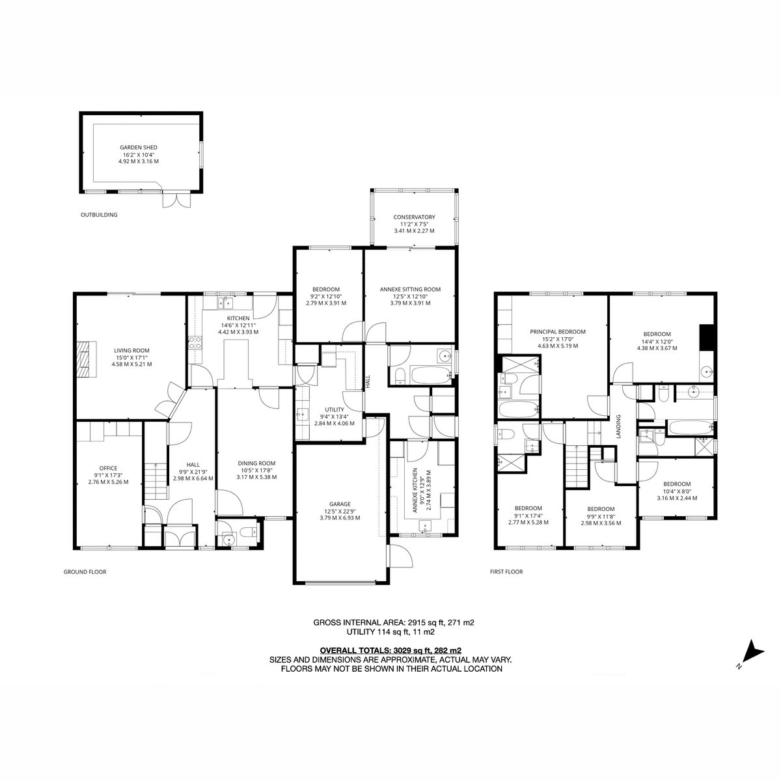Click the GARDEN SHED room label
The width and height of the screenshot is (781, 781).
click(138, 148)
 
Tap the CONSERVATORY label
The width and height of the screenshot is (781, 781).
click(414, 217)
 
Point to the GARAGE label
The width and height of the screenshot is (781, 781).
click(340, 504)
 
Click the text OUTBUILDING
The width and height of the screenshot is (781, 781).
click(99, 215)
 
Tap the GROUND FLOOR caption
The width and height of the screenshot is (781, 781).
click(85, 572)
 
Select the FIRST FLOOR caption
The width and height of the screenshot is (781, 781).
click(506, 572)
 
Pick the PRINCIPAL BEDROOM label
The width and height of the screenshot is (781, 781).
click(558, 331)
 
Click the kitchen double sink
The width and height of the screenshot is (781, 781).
click(225, 302)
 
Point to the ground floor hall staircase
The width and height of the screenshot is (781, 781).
click(156, 482)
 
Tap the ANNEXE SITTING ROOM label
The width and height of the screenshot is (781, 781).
click(410, 290)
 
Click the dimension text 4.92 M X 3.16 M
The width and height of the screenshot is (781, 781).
click(138, 161)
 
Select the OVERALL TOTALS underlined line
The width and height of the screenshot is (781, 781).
click(390, 651)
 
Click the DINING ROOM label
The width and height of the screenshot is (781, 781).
click(256, 463)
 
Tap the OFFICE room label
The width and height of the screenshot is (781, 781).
click(108, 468)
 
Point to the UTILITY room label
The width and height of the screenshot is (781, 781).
click(335, 410)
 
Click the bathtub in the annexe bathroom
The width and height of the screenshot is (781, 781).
click(431, 376)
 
